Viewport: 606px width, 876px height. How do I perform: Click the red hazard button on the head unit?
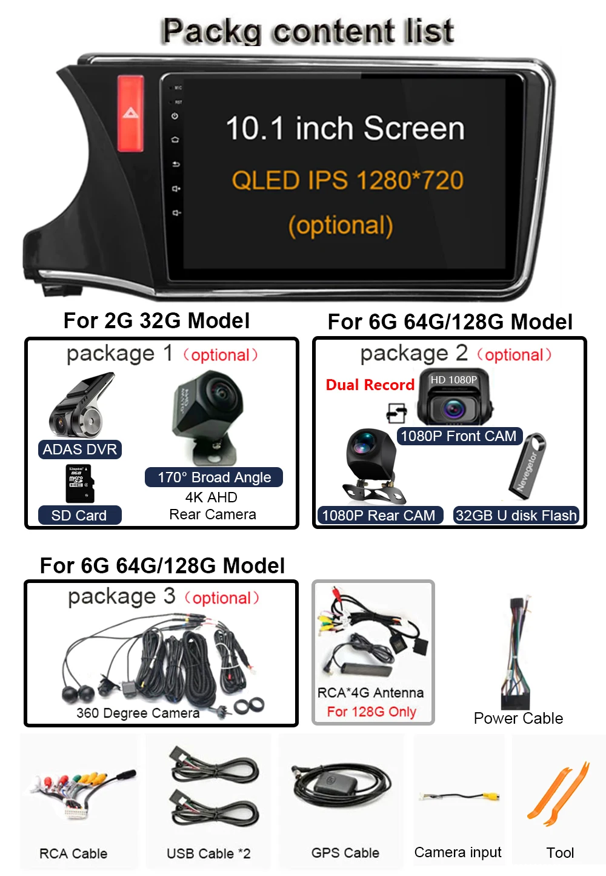coord(130,113)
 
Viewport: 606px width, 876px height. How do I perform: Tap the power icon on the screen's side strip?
coord(175,116)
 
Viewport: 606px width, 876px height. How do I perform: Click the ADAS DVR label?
coord(79,450)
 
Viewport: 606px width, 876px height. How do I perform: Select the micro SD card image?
coord(78,483)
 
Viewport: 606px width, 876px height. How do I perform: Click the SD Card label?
coord(79,516)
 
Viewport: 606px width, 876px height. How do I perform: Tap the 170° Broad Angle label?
coord(214,477)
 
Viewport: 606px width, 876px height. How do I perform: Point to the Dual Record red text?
coord(370,385)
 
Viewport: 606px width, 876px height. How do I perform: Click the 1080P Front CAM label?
coord(458,436)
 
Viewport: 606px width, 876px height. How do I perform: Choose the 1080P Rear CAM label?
coord(379,516)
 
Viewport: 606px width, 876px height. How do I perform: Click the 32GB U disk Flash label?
coord(516,516)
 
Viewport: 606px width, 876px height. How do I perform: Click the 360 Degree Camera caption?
coord(138,713)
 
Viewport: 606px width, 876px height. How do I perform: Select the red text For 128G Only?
coord(371,712)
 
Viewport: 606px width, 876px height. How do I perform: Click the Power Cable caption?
coord(518,718)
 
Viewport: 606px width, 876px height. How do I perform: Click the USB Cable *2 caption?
coord(208,854)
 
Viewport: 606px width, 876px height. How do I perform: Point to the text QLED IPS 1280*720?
coord(347,180)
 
